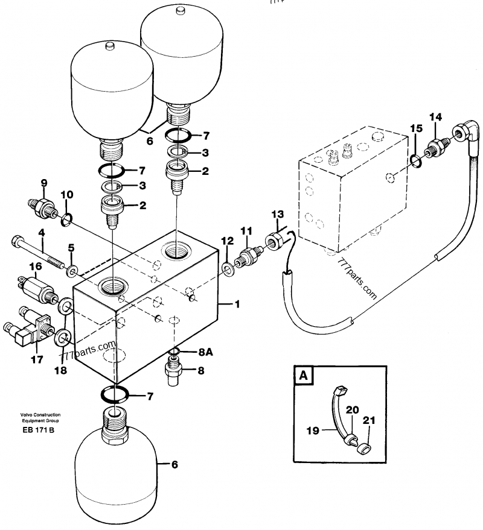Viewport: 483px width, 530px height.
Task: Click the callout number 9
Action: (43, 183)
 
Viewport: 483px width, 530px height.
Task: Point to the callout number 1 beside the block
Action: (237, 304)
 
